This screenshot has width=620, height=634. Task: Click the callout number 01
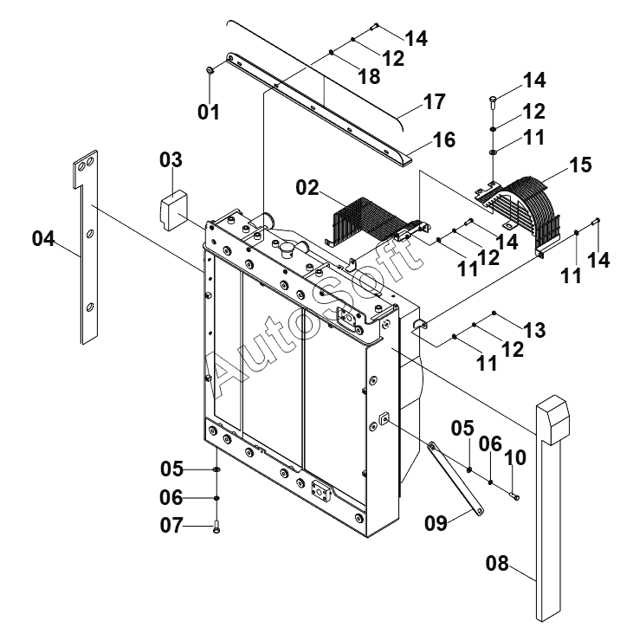click(x=209, y=112)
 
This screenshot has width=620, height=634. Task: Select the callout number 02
click(x=307, y=188)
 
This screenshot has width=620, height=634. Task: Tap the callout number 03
click(x=171, y=159)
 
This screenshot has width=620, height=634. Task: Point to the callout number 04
click(x=43, y=238)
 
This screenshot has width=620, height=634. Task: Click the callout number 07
click(x=171, y=525)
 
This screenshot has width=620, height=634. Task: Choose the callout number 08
click(x=497, y=563)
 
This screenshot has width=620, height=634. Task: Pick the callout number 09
click(x=436, y=523)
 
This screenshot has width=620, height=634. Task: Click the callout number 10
click(x=515, y=457)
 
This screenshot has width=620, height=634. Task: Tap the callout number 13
click(x=534, y=330)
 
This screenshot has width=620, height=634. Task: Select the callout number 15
click(x=580, y=165)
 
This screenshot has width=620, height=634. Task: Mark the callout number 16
click(x=444, y=140)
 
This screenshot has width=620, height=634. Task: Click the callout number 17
click(x=435, y=101)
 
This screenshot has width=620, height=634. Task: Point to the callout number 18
click(x=370, y=76)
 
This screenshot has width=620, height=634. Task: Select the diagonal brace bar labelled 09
click(x=455, y=478)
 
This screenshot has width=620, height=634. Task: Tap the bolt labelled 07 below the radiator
click(x=216, y=527)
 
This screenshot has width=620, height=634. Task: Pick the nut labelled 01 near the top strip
click(x=210, y=71)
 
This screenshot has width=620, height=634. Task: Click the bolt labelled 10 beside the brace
click(x=514, y=496)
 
